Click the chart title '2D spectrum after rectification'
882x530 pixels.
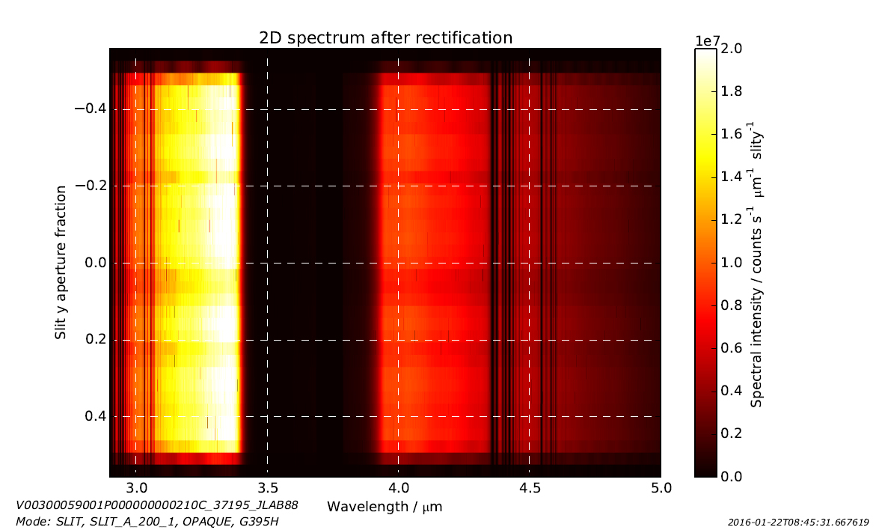coord(385,37)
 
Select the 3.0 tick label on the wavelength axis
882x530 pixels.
coord(135,489)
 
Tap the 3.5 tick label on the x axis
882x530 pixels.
coord(267,489)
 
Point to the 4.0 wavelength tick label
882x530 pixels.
coord(398,489)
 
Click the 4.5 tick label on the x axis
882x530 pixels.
coord(530,489)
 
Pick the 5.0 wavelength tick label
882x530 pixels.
coord(661,489)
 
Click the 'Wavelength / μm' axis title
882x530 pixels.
coord(385,507)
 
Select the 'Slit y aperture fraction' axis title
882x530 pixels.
coord(61,263)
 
